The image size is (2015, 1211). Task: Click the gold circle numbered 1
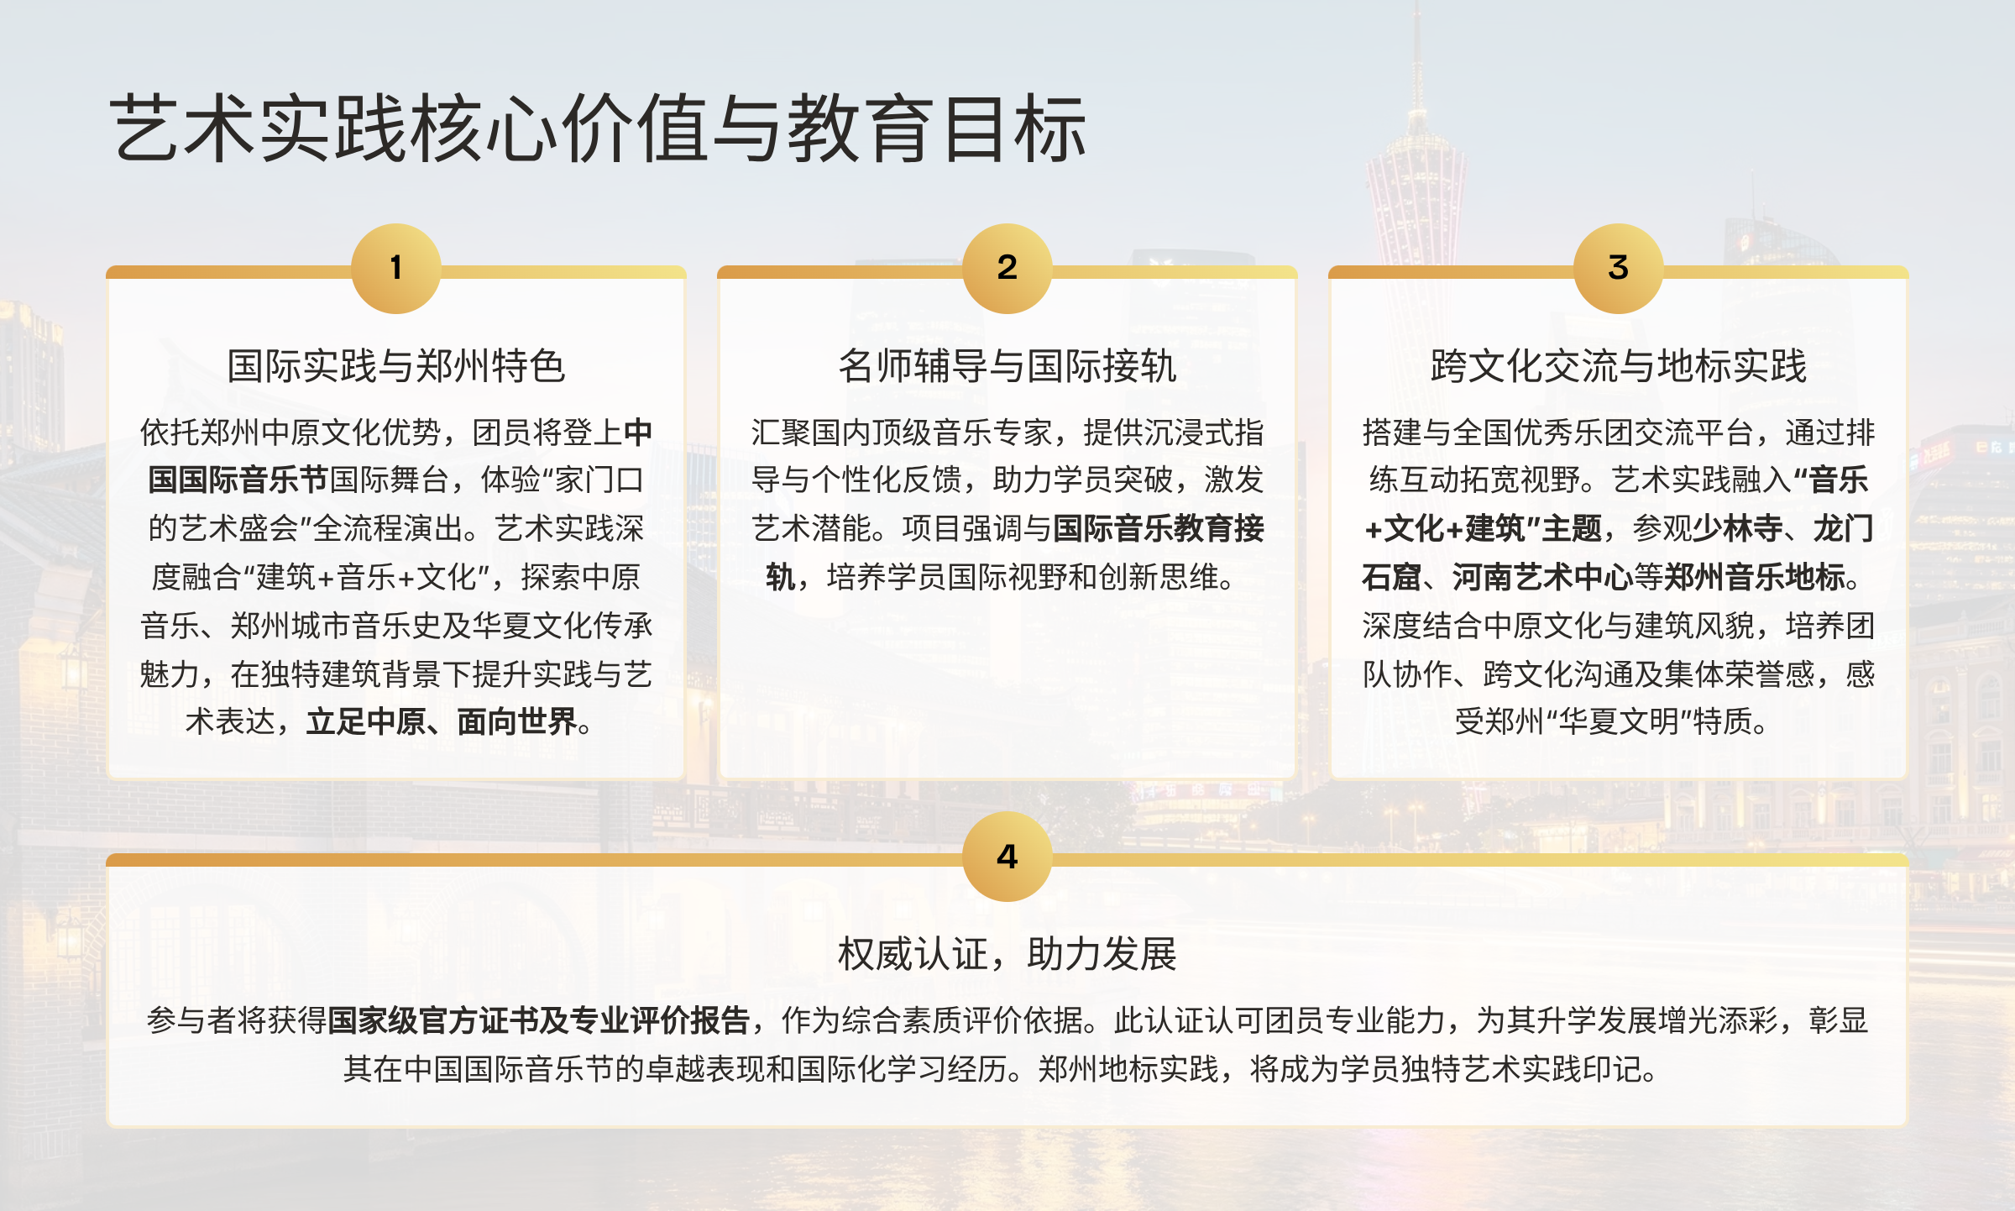pos(396,269)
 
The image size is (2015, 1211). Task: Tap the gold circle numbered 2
pos(1007,269)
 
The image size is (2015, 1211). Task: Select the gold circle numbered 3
pos(1619,269)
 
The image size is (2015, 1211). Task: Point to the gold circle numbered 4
pos(1007,857)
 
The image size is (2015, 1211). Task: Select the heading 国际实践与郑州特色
pos(396,366)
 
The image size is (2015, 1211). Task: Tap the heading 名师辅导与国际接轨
pos(1007,366)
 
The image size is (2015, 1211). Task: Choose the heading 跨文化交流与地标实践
pos(1619,366)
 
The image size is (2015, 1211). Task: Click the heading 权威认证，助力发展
pos(1007,954)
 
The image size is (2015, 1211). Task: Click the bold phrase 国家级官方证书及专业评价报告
pos(538,1020)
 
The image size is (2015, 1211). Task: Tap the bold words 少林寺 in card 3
pos(1738,529)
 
